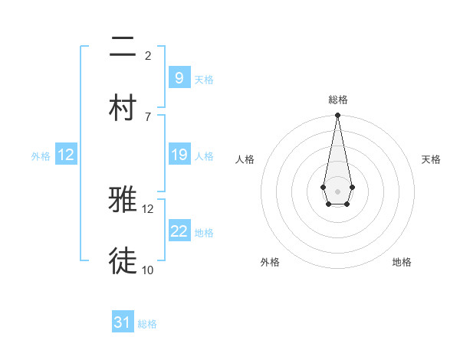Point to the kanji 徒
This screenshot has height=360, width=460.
coord(123,261)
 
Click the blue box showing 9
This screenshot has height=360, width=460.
coord(179,77)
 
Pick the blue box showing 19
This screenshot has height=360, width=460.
coord(179,155)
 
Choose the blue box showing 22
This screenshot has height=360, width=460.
coord(179,231)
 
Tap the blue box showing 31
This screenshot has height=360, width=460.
coord(123,322)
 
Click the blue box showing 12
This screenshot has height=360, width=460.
coord(66,155)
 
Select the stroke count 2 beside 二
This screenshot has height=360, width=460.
coord(148,55)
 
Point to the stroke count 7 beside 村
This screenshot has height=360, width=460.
coord(148,116)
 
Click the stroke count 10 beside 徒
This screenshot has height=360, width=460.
coord(148,270)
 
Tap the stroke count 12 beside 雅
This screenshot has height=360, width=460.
coord(148,208)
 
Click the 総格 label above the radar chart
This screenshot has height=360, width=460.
coord(337,100)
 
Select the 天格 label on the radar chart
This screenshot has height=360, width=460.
coord(431,159)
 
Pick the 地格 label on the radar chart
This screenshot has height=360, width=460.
coord(402,262)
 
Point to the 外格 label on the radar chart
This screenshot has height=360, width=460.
coord(270,262)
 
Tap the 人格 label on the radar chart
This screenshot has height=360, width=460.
coord(245,159)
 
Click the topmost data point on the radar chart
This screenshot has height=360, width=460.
coord(337,116)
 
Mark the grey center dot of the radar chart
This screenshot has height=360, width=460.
coord(337,190)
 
